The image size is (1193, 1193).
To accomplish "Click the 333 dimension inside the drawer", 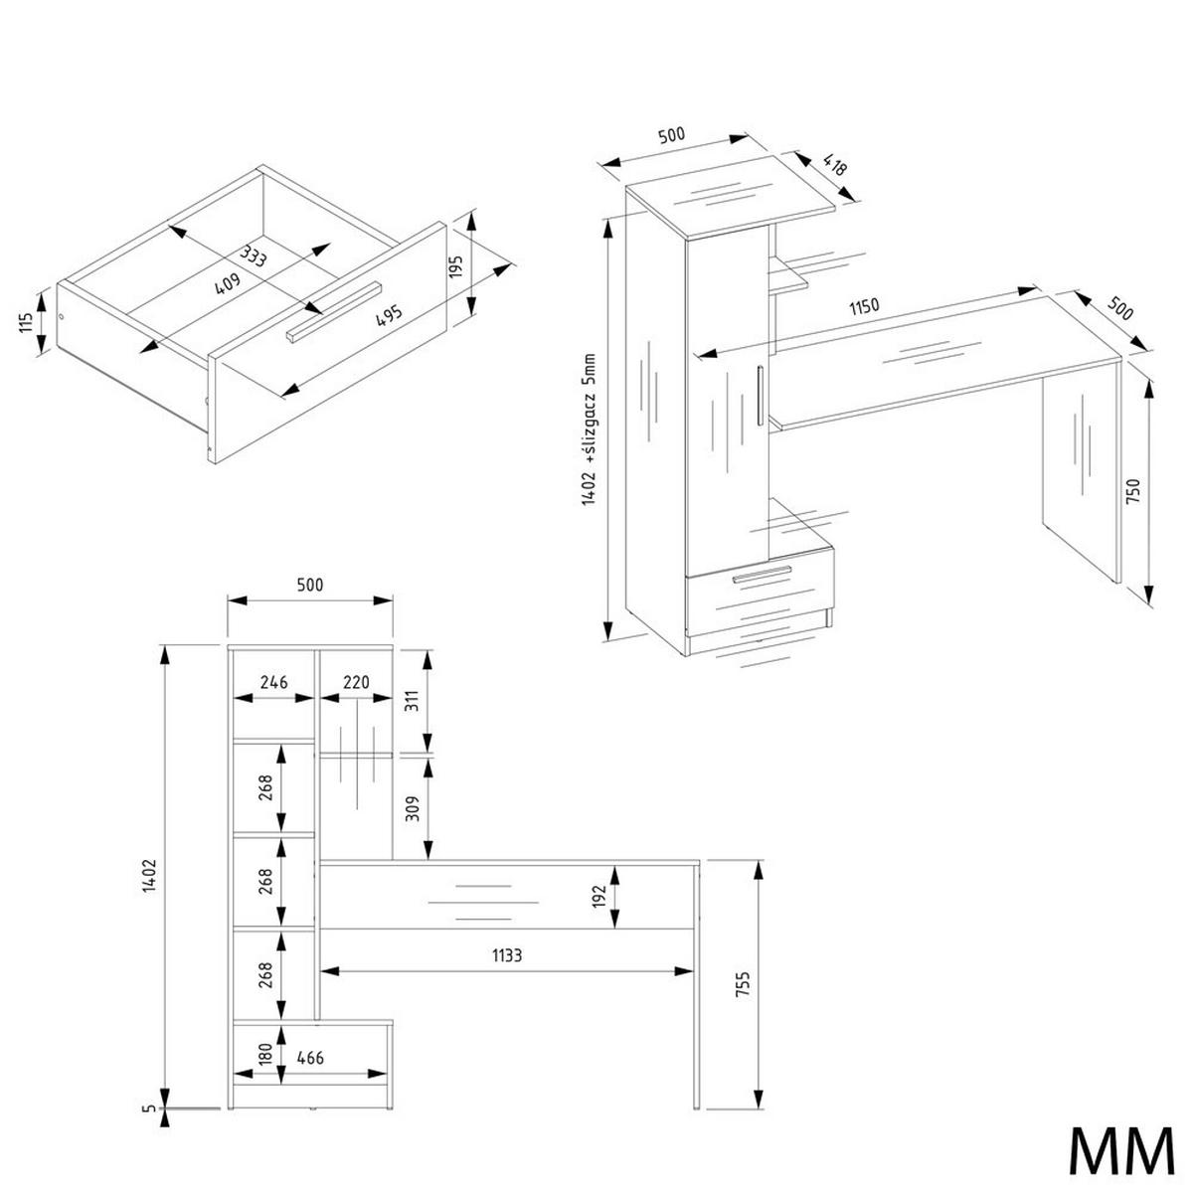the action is [x=254, y=256].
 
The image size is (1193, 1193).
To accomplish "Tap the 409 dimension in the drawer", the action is [x=227, y=284].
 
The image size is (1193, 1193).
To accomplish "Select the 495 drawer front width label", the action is [x=389, y=315].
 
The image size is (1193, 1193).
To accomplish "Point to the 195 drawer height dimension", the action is [x=456, y=266].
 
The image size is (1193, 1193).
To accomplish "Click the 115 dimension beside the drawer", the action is [x=26, y=323].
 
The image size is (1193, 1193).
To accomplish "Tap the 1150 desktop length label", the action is [x=864, y=306].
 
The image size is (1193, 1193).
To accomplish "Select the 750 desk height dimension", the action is [x=1133, y=491].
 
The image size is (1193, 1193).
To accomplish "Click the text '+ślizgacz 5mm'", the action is [x=589, y=409].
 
